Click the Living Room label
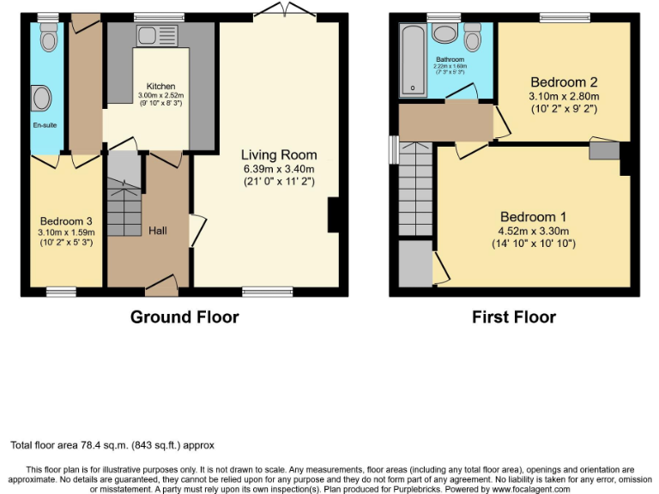[x=278, y=155]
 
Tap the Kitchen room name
[x=160, y=87]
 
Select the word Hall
[x=157, y=230]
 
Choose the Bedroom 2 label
[x=564, y=82]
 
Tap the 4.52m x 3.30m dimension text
[x=533, y=231]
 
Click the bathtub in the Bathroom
[x=413, y=60]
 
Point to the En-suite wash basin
[x=39, y=99]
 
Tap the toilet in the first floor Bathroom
[x=472, y=39]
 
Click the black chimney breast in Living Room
[x=334, y=214]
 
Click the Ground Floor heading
[x=184, y=317]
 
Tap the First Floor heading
[x=513, y=317]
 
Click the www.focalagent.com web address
[x=531, y=489]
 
